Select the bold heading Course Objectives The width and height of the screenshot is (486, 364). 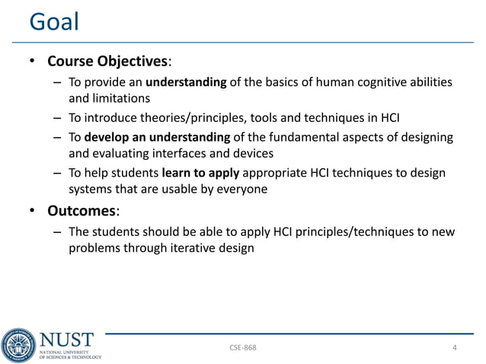(107, 60)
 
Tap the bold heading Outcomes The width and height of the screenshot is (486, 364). (78, 209)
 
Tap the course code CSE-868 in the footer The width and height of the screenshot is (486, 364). (243, 348)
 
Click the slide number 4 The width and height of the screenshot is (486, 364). (455, 348)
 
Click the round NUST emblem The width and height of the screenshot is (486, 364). (18, 345)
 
